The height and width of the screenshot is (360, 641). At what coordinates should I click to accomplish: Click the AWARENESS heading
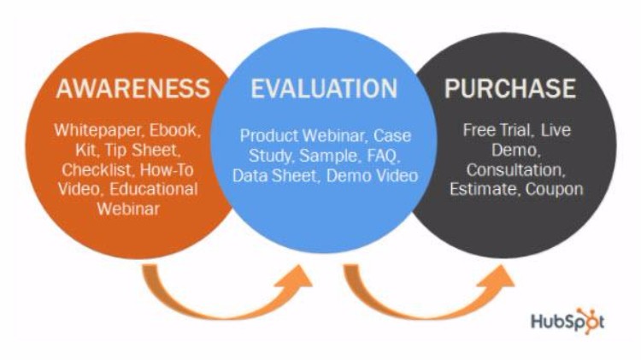coord(132,88)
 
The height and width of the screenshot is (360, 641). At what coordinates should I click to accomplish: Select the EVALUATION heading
coord(324,88)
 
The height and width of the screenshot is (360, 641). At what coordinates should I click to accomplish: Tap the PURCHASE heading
coord(510,88)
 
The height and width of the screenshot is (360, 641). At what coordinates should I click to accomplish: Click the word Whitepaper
coord(97,131)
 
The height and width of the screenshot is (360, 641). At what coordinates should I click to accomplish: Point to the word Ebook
coord(175,131)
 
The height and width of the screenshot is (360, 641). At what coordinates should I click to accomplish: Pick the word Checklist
coord(97,170)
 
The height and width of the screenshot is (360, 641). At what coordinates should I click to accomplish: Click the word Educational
coord(154,190)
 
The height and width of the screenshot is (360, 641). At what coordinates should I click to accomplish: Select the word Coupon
coord(555,190)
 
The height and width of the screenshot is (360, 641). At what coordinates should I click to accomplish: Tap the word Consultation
coord(516,170)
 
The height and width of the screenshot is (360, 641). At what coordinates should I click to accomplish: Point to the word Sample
coord(330,156)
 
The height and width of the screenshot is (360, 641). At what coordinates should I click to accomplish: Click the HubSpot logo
coord(567,321)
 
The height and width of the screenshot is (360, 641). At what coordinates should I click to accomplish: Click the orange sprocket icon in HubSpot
coord(589,320)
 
